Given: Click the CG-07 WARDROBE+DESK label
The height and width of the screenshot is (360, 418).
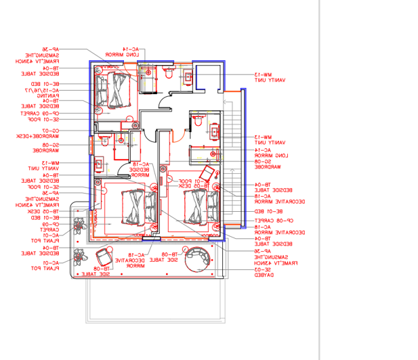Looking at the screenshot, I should pos(48,133).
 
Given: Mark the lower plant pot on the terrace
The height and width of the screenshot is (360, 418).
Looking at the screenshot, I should pos(80,256).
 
